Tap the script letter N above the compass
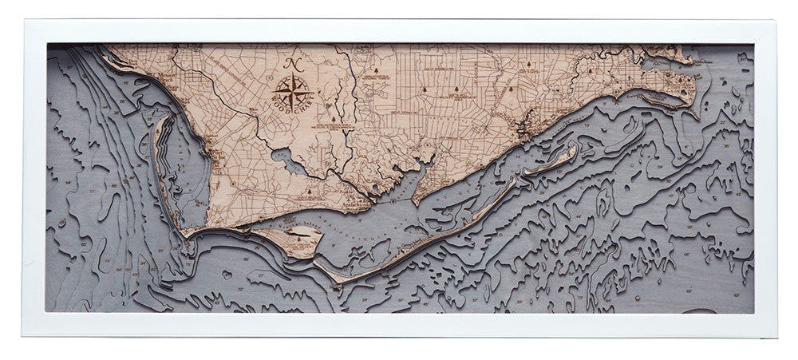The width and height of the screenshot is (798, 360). (292, 64)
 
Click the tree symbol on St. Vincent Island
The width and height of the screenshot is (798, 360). (300, 236)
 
